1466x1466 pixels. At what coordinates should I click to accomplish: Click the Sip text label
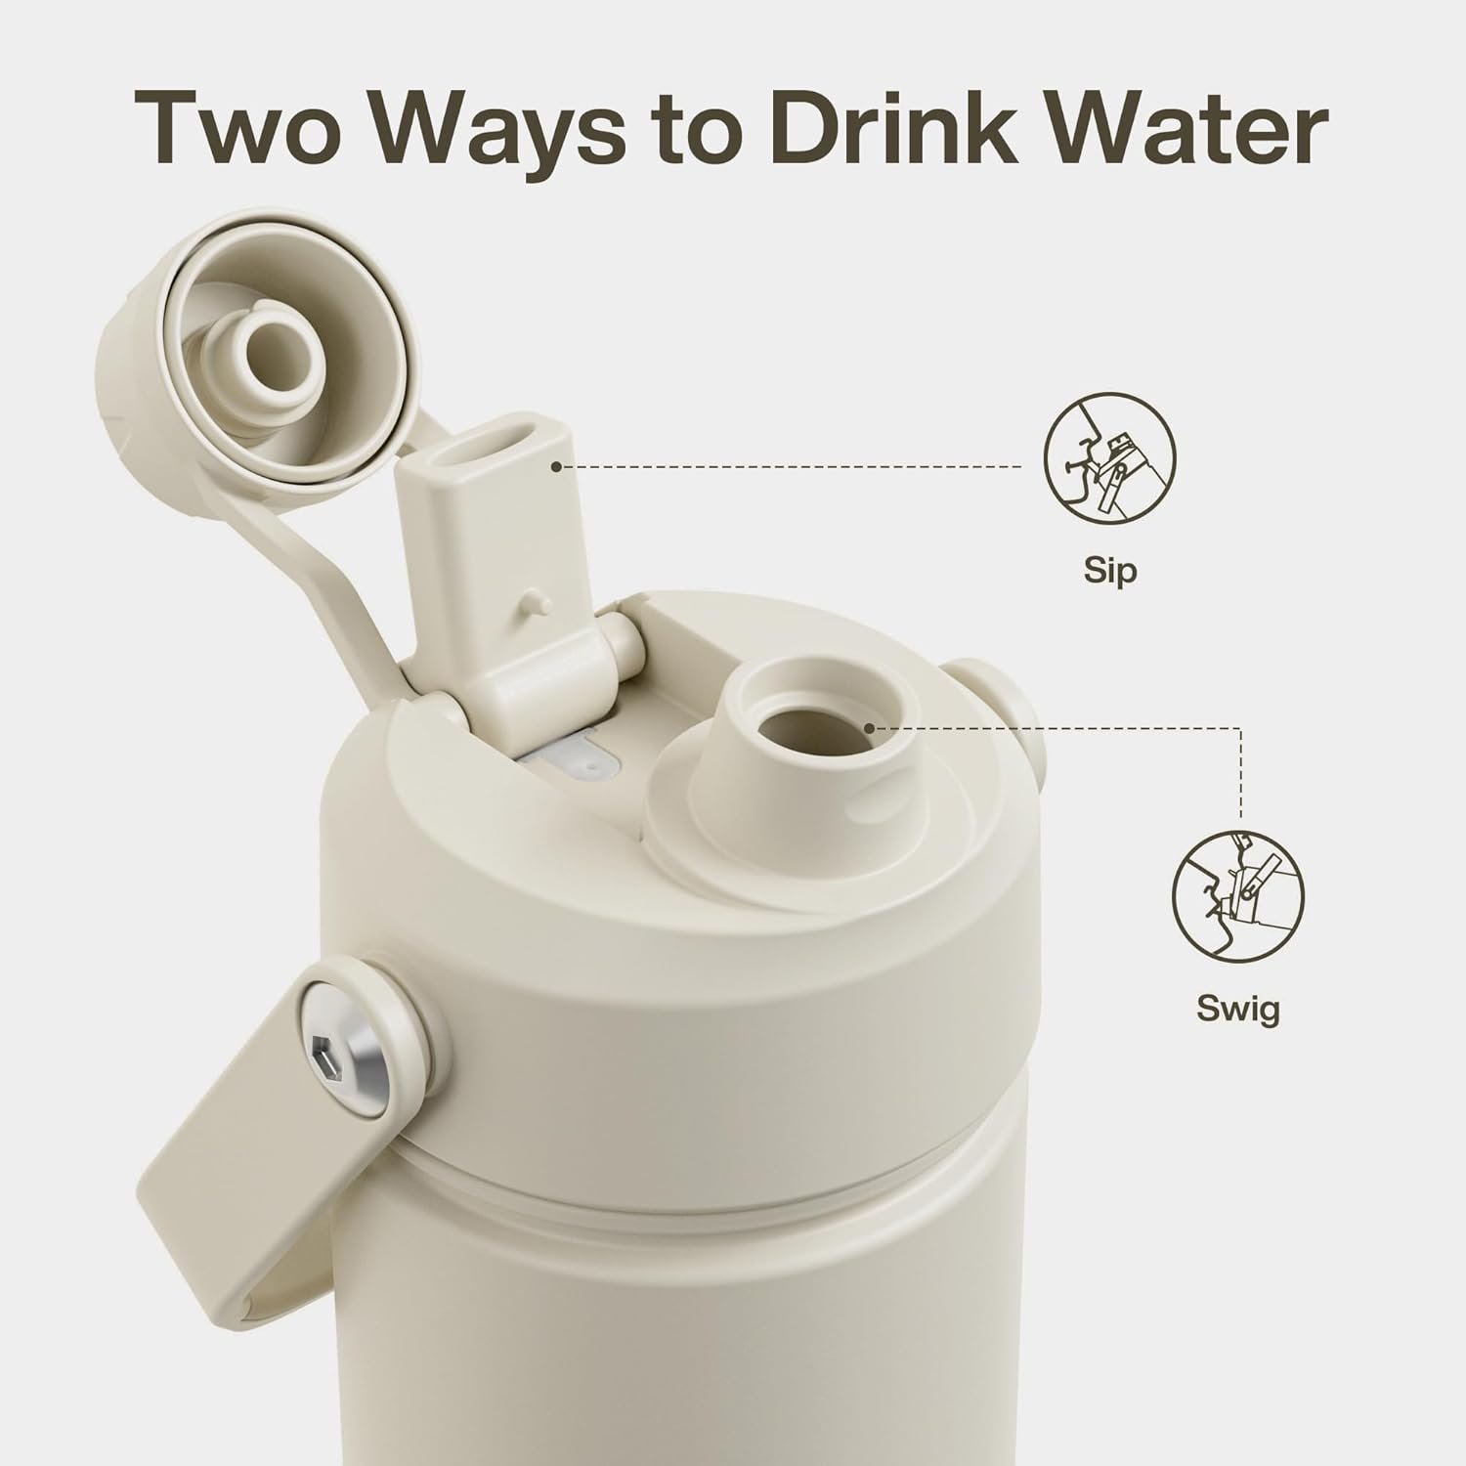click(x=1110, y=570)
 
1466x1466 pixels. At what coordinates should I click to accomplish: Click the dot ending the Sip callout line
click(x=556, y=467)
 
